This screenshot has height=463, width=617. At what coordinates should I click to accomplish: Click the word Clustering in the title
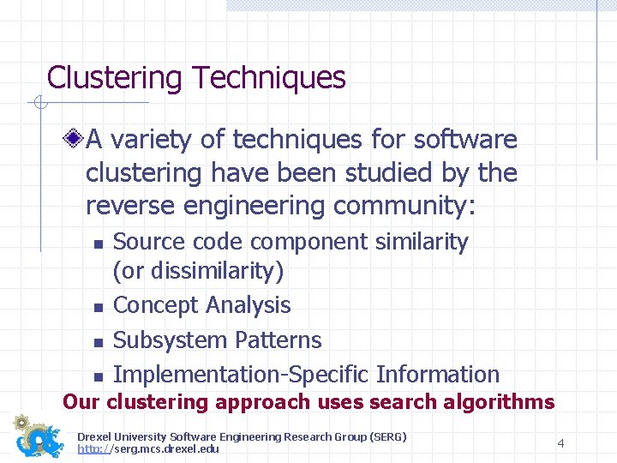114,78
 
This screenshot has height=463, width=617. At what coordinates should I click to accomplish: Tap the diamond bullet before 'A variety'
75,139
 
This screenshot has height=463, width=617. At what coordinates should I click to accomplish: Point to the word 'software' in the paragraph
464,139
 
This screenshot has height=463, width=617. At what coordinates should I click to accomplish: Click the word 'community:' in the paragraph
426,206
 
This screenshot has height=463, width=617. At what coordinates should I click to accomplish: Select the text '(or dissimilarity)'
198,271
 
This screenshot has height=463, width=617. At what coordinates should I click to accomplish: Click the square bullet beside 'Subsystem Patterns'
97,342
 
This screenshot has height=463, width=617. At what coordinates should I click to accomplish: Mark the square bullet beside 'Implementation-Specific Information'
97,376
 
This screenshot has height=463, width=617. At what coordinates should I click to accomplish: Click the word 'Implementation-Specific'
241,375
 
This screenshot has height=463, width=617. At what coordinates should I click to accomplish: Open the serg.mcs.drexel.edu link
148,448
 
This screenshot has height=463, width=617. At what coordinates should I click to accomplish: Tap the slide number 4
560,443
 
